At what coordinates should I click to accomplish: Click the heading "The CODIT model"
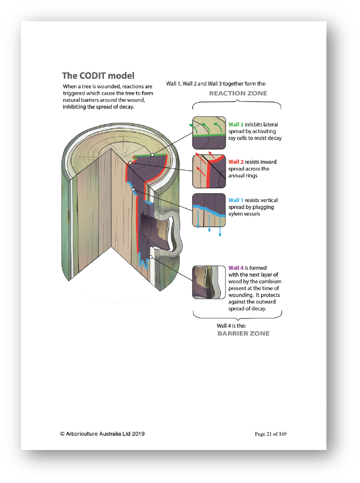pos(98,76)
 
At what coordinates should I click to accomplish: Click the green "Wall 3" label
pos(236,124)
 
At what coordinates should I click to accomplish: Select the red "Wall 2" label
pos(236,162)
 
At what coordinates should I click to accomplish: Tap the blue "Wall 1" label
pos(236,200)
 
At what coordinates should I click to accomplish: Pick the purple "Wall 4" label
pos(236,268)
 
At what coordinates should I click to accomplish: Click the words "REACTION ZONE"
pos(238,93)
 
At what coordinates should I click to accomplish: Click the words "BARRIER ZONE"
pos(243,334)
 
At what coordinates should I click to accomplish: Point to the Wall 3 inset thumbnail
pos(209,133)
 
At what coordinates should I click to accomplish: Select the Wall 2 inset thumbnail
pos(209,172)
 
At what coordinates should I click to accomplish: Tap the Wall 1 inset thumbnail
pos(209,210)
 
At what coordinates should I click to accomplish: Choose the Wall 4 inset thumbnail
pos(209,282)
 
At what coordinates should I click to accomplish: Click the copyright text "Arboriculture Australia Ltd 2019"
pos(105,434)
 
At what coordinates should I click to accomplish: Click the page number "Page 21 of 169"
pos(270,434)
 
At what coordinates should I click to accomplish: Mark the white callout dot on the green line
pos(152,155)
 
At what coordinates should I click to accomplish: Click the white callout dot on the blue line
pos(133,189)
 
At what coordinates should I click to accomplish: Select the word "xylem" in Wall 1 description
pos(235,214)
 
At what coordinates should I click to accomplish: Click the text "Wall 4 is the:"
pos(231,326)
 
